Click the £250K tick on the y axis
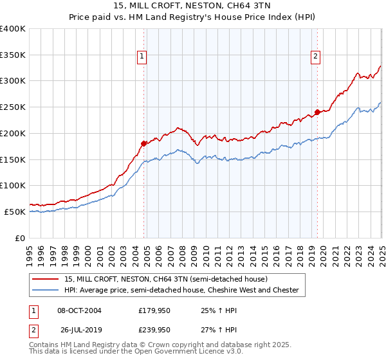pos(13,107)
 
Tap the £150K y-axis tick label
pos(13,159)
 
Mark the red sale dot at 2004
pos(144,143)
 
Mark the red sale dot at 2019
pos(317,112)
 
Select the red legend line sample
pos(46,279)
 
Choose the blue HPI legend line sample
pos(46,291)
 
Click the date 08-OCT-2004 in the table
pos(80,310)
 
